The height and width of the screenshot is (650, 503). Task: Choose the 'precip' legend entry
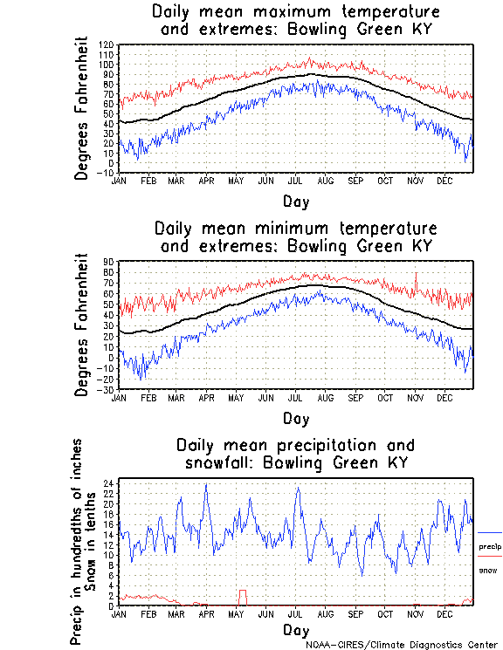pos(489,547)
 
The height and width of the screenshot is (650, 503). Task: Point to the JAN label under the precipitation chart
pos(121,613)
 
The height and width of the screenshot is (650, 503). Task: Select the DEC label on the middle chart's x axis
pos(444,397)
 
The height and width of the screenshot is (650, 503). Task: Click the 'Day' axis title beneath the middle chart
pos(295,420)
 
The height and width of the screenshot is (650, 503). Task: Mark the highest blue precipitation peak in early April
pos(206,485)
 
